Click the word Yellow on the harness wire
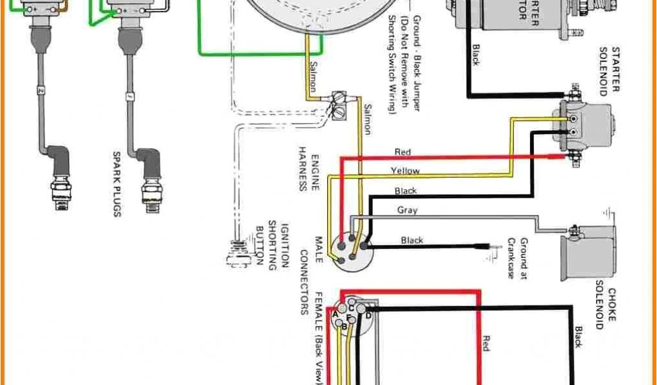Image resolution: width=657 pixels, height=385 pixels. coord(405,171)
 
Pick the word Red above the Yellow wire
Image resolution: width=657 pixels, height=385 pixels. coord(402,153)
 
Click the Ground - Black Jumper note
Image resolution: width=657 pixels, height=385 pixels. coord(408,64)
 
